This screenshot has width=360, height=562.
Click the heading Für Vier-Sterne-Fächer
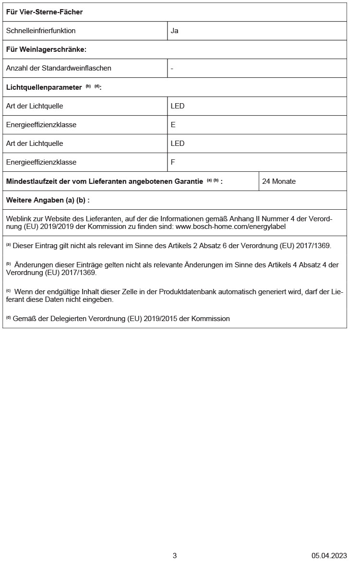pyautogui.click(x=44, y=12)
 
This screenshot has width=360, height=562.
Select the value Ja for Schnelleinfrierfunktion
pyautogui.click(x=174, y=31)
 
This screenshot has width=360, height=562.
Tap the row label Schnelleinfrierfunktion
pyautogui.click(x=41, y=31)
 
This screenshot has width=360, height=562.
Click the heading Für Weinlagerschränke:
pyautogui.click(x=46, y=49)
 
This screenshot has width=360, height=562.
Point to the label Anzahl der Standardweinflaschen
pyautogui.click(x=59, y=68)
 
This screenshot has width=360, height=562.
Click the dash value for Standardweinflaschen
pyautogui.click(x=172, y=68)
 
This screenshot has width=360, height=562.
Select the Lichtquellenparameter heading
pyautogui.click(x=44, y=87)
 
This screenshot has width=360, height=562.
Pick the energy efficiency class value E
pyautogui.click(x=173, y=125)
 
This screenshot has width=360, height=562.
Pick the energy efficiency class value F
pyautogui.click(x=173, y=162)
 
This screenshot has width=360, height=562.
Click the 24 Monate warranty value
pyautogui.click(x=279, y=181)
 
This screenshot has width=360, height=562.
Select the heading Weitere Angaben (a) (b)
pyautogui.click(x=48, y=200)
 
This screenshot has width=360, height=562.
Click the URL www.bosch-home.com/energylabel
pyautogui.click(x=231, y=227)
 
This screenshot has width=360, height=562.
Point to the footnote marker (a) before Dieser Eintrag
pyautogui.click(x=8, y=245)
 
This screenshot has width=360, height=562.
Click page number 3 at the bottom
pyautogui.click(x=175, y=555)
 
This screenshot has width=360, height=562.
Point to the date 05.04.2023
pyautogui.click(x=329, y=555)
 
